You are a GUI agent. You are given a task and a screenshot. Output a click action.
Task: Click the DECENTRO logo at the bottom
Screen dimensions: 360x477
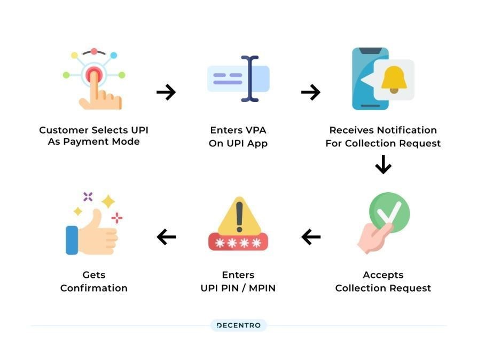[238, 325]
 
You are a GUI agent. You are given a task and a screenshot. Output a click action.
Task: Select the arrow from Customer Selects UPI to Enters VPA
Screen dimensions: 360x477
[166, 92]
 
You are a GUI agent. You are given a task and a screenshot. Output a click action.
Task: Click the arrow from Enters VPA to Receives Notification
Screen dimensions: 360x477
[310, 92]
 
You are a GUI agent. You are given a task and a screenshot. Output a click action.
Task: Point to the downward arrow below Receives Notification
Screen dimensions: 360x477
[383, 165]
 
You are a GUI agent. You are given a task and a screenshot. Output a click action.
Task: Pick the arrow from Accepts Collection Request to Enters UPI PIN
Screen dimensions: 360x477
[311, 237]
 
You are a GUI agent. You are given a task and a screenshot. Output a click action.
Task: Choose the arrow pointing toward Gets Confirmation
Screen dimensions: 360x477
[166, 237]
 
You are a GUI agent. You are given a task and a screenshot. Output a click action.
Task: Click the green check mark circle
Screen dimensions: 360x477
[389, 213]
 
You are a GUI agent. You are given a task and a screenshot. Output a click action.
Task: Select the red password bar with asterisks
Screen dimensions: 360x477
[238, 243]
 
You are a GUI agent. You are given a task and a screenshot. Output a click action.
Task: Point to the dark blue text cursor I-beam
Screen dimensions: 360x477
[249, 79]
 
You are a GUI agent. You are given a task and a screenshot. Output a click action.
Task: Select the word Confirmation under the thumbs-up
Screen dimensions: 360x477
[94, 288]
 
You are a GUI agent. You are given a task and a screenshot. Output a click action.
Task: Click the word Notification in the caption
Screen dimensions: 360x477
[407, 130]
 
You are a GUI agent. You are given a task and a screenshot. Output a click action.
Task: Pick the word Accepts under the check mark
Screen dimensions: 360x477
[383, 275]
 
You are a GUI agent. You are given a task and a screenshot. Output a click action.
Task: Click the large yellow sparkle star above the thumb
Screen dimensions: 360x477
[108, 201]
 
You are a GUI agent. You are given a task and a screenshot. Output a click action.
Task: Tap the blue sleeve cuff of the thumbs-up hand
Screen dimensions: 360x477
[72, 240]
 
